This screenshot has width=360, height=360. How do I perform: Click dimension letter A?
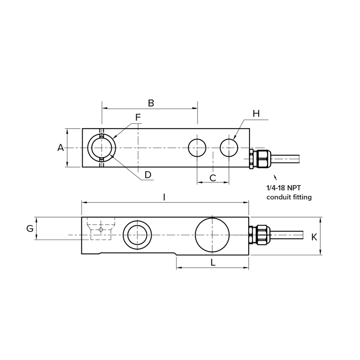click(61, 148)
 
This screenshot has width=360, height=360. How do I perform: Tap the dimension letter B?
click(151, 103)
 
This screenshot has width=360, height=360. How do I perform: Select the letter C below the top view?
click(213, 178)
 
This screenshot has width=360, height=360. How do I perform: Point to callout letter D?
click(148, 175)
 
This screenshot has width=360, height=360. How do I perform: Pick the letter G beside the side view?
click(30, 229)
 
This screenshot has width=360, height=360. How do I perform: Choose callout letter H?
click(256, 113)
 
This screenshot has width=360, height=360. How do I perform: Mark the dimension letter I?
click(164, 197)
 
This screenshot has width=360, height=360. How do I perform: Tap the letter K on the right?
click(314, 237)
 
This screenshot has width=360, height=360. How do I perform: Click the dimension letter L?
click(213, 262)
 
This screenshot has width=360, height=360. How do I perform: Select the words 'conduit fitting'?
click(289, 197)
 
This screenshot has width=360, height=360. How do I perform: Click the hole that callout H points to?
click(229, 148)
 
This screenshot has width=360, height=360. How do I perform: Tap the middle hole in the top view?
click(197, 148)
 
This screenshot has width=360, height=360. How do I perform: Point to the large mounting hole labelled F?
click(101, 148)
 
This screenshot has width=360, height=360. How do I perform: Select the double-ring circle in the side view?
click(138, 235)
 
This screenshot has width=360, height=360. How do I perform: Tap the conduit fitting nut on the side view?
click(261, 235)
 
